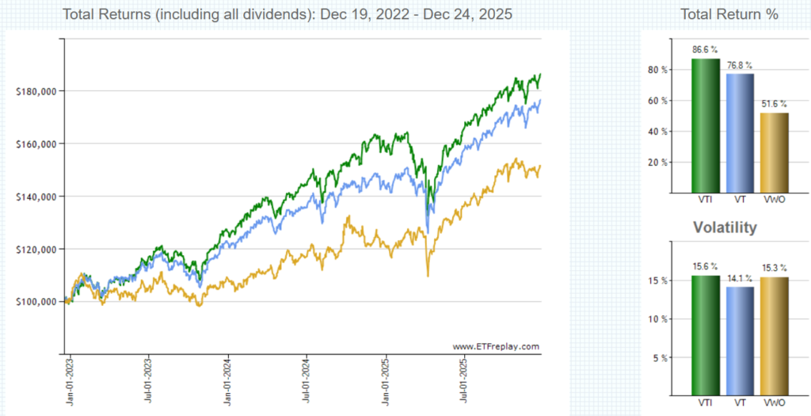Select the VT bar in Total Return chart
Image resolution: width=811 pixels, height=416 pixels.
[741, 132]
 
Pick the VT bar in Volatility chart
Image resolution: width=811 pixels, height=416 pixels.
[741, 341]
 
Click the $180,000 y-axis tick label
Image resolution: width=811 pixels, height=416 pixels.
[36, 91]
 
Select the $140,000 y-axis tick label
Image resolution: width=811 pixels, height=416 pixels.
[36, 197]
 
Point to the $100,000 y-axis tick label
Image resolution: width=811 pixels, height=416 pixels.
[36, 302]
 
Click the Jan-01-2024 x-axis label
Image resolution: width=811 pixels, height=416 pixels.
[228, 384]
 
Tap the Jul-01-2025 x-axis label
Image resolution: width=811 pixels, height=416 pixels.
[464, 384]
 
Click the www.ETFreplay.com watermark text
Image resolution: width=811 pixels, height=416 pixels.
[497, 346]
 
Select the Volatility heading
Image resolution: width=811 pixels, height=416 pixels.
[725, 228]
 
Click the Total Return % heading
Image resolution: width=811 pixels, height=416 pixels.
[729, 14]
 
